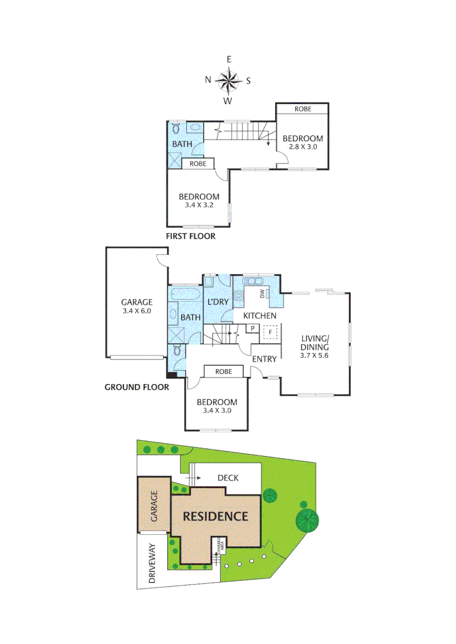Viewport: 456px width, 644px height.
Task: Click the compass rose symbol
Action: (x=228, y=79)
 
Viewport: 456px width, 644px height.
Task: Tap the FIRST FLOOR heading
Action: (x=190, y=236)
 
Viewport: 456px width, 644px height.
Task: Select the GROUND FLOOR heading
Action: (x=137, y=386)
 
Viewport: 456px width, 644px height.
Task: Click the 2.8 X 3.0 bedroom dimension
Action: (x=303, y=146)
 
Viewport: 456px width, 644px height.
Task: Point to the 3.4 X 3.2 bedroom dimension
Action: (x=199, y=205)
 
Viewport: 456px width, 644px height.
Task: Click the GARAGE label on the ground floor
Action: (x=137, y=302)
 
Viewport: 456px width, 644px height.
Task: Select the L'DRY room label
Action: (x=218, y=302)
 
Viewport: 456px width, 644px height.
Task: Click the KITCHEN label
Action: (x=259, y=315)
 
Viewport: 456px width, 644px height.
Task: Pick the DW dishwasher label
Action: (x=261, y=293)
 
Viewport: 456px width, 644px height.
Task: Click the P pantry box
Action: (x=252, y=329)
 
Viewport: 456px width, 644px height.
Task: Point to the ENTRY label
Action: (x=264, y=359)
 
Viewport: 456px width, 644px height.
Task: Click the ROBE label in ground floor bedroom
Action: (x=223, y=371)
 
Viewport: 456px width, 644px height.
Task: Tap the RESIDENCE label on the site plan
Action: (x=215, y=516)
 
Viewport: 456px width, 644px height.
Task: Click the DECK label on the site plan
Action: (x=228, y=478)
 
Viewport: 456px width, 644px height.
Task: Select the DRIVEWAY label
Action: (x=152, y=563)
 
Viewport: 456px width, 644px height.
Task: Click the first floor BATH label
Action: (x=182, y=144)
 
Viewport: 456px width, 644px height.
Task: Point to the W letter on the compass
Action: (x=228, y=101)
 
